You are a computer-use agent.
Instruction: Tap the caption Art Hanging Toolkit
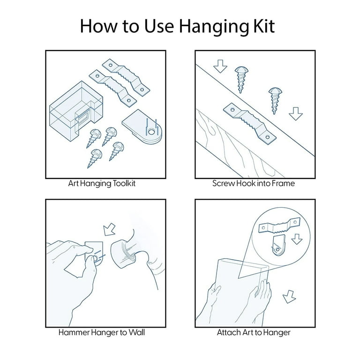(x=102, y=183)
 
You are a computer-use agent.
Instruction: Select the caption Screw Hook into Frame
(x=254, y=183)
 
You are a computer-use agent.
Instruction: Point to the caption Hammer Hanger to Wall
(x=101, y=332)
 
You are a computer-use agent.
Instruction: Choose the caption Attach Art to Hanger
(x=254, y=332)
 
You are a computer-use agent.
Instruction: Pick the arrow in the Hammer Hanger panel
(x=109, y=229)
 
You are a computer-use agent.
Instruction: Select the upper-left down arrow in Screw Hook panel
(x=220, y=66)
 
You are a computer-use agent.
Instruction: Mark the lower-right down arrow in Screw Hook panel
(x=296, y=113)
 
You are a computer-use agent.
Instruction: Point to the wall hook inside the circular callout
(x=279, y=246)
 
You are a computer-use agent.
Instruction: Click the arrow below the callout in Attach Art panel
(x=289, y=297)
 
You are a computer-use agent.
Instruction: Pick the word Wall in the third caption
(x=136, y=332)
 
